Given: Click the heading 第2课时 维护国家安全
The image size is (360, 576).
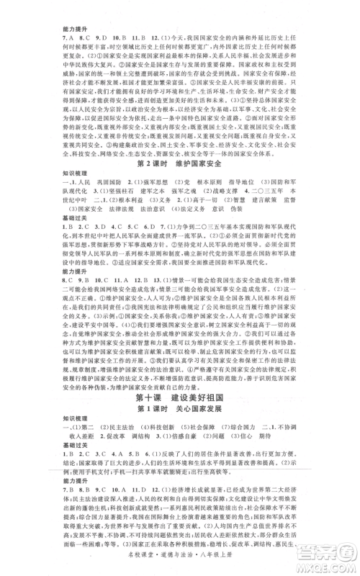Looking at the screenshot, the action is pyautogui.click(x=180, y=163).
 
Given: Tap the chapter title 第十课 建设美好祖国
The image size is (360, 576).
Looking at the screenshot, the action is pyautogui.click(x=180, y=396).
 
